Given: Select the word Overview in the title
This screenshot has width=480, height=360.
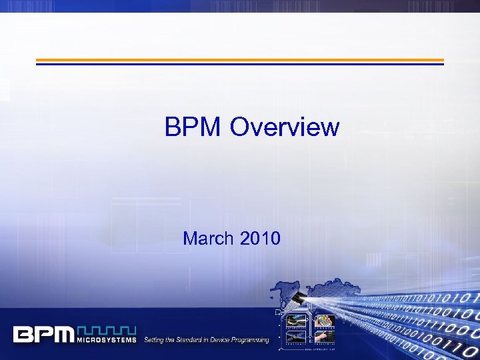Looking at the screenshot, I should [285, 127].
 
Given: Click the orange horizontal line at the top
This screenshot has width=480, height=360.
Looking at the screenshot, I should [239, 59].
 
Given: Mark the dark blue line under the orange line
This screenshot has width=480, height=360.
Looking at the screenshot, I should [239, 64].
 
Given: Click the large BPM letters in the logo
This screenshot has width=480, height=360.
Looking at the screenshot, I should [44, 333].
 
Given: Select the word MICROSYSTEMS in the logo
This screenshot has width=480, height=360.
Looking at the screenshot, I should [107, 340].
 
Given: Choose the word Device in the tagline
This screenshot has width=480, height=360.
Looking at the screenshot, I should [223, 340].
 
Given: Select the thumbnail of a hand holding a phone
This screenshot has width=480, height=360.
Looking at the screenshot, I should [325, 323].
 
